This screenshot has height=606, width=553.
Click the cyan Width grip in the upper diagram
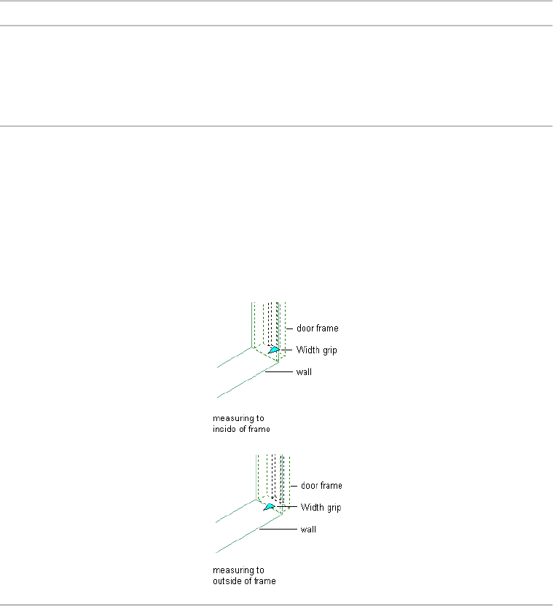click(x=275, y=350)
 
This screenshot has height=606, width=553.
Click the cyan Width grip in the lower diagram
click(x=270, y=506)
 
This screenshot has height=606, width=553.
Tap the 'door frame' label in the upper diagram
click(x=317, y=328)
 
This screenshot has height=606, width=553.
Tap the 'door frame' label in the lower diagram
click(x=321, y=486)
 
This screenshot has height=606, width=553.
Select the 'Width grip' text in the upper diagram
click(x=316, y=350)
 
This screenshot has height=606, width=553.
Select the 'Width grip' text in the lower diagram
click(x=321, y=508)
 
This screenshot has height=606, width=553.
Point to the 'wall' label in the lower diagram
click(x=308, y=530)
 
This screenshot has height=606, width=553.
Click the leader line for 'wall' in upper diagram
click(x=278, y=373)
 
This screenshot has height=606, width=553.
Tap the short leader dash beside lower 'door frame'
click(x=294, y=486)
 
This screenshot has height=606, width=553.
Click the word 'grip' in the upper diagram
click(x=329, y=351)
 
